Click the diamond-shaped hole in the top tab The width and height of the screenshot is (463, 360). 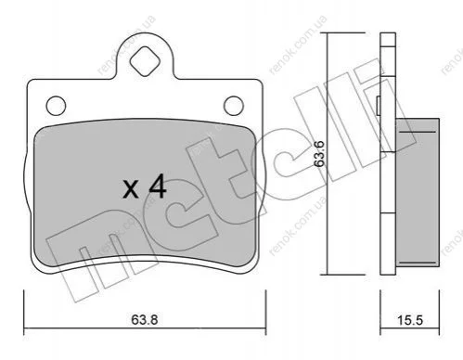pyautogui.click(x=145, y=61)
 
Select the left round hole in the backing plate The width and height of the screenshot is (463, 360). pyautogui.click(x=56, y=106)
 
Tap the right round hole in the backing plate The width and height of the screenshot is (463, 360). pyautogui.click(x=234, y=106)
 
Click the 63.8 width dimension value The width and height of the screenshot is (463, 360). pyautogui.click(x=145, y=319)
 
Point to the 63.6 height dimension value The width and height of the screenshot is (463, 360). pyautogui.click(x=319, y=154)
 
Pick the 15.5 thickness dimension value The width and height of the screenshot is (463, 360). pyautogui.click(x=410, y=320)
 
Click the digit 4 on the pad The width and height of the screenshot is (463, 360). pyautogui.click(x=158, y=186)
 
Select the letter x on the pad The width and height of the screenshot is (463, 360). pyautogui.click(x=131, y=189)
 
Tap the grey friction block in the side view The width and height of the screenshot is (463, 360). pyautogui.click(x=418, y=193)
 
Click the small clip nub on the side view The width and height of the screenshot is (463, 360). pyautogui.click(x=378, y=105)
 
